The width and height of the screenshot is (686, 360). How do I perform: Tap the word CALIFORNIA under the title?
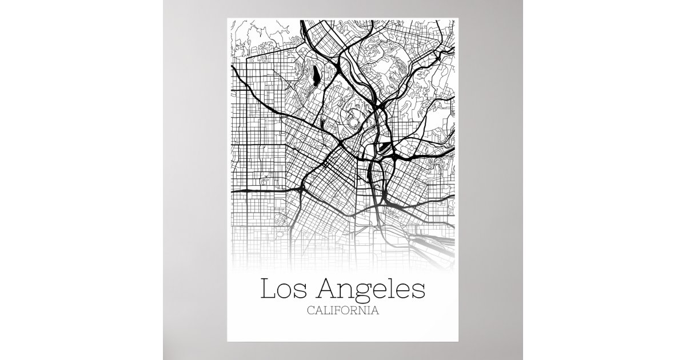pyautogui.click(x=343, y=311)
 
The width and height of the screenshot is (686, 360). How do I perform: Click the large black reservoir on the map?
pyautogui.click(x=315, y=74)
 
